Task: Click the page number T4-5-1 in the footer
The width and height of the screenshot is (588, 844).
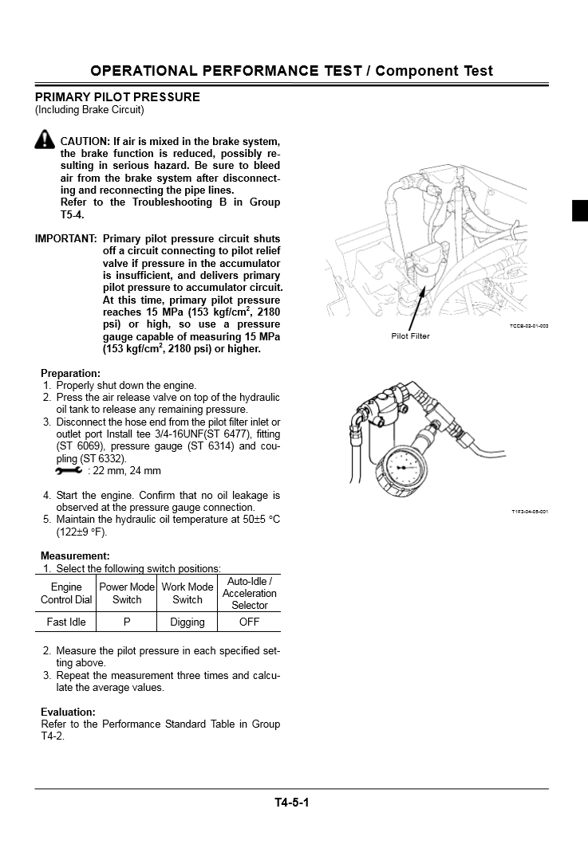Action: [x=291, y=802]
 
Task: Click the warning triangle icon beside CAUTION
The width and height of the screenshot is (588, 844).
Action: [x=45, y=141]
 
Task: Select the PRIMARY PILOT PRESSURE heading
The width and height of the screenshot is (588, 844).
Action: [x=117, y=97]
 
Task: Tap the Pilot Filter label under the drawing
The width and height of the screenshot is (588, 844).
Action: [x=410, y=336]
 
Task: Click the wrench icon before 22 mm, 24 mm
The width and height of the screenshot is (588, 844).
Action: [x=69, y=471]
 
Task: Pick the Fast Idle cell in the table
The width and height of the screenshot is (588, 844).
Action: [x=66, y=622]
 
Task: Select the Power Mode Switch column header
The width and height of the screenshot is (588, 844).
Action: [x=127, y=593]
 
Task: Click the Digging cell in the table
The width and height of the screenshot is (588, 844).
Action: [x=187, y=622]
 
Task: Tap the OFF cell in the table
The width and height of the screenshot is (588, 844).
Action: [x=250, y=622]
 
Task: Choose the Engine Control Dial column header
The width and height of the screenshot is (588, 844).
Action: [x=66, y=593]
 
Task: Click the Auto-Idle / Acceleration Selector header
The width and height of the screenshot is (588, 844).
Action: [x=250, y=593]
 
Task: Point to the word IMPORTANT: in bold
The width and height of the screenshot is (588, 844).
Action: [x=66, y=239]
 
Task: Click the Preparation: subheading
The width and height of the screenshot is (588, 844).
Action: [x=70, y=373]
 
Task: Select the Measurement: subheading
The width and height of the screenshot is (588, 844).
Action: [x=75, y=555]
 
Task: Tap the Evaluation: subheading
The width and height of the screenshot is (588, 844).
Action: [x=68, y=712]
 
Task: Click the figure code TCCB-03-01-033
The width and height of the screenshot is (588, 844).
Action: [x=529, y=326]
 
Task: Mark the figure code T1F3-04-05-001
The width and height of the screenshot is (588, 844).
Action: [x=530, y=512]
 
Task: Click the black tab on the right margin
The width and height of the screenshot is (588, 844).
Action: [x=580, y=210]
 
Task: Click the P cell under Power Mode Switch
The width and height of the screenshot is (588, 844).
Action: [x=127, y=622]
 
